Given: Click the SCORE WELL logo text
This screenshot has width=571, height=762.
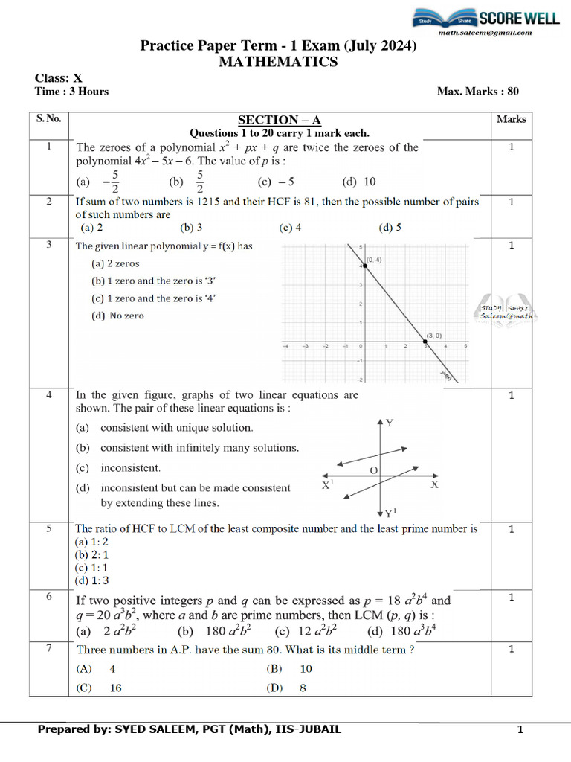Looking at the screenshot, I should [519, 18].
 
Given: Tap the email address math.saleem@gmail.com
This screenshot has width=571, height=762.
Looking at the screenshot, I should [485, 33].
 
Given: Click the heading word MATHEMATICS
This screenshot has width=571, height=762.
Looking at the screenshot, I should [278, 63].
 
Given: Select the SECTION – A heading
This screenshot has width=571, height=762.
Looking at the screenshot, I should [279, 121].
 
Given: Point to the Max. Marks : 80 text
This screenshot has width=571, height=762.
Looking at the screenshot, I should [478, 92].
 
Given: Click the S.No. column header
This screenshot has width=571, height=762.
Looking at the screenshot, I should [49, 119].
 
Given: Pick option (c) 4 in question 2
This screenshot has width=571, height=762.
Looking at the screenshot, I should [290, 228].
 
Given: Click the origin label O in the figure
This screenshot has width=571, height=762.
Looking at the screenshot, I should [374, 470].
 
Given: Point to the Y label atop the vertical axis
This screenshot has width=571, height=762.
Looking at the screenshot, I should [389, 423].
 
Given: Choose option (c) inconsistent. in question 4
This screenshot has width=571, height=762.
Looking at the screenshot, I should [118, 468].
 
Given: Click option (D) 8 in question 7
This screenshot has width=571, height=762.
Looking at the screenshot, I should [286, 688].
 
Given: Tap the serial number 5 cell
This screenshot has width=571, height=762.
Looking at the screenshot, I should [49, 529].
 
